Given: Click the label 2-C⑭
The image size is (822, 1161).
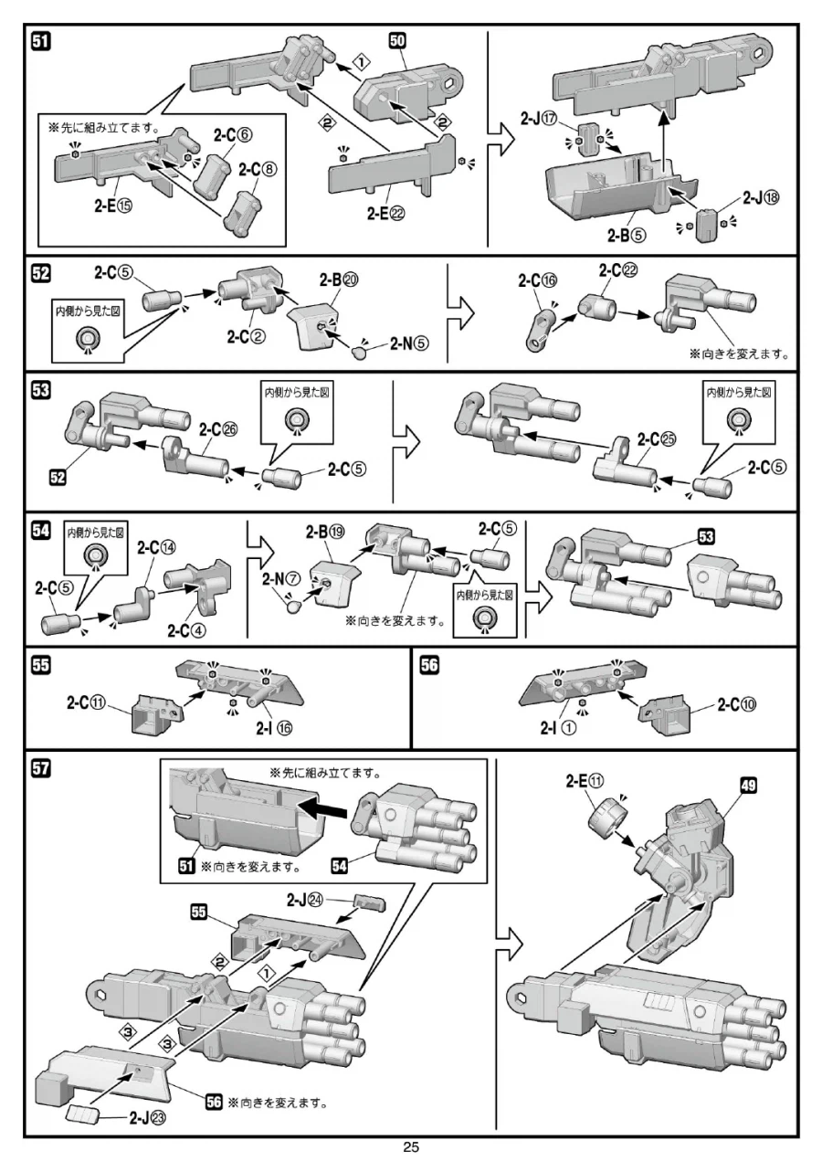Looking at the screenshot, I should tap(155, 548).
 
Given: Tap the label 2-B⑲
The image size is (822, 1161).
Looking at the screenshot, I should tap(334, 531).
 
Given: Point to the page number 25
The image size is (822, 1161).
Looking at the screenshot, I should tap(410, 1147).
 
